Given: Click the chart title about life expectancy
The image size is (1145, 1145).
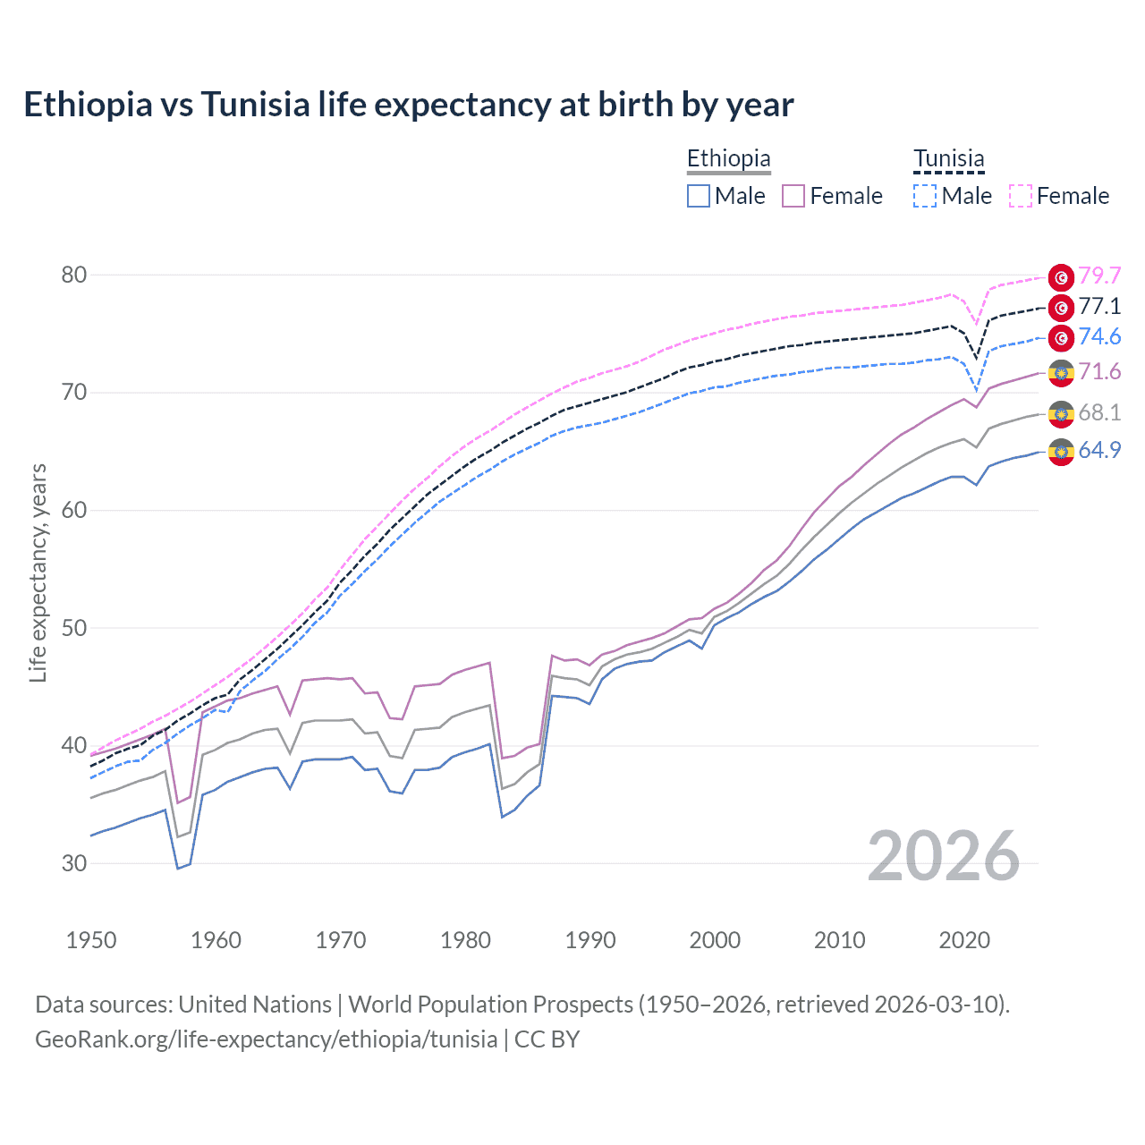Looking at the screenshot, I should [x=408, y=105].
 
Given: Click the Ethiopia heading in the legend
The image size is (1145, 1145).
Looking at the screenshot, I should [x=728, y=158].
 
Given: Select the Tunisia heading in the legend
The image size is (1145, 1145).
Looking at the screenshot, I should [x=948, y=158].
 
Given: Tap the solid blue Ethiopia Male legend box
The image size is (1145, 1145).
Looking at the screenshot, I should [x=699, y=196].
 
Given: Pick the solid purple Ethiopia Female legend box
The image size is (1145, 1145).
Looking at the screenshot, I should [x=793, y=196].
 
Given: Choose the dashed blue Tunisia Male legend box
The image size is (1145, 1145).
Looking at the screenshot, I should [x=925, y=196].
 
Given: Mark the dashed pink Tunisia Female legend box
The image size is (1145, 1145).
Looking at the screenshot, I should [x=1021, y=196].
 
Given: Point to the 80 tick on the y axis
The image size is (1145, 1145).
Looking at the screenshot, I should [x=74, y=275].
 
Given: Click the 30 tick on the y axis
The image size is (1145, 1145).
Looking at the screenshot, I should [x=74, y=863].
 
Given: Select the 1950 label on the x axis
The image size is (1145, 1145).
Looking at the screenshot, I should [x=91, y=940].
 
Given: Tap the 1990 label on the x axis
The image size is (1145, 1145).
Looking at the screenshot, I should [x=590, y=940].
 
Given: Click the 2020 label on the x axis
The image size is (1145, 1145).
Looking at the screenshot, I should [x=964, y=940].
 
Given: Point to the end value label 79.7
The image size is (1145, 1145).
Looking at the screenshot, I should [x=1099, y=276].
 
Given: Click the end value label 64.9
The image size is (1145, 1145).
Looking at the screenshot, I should [x=1099, y=450].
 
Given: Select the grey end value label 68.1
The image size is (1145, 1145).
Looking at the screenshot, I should [x=1099, y=412].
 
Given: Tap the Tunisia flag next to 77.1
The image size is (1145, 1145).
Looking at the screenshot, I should [x=1061, y=308].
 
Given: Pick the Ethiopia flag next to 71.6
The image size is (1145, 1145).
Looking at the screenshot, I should [x=1061, y=373].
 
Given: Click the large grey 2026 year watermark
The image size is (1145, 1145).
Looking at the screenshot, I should [x=944, y=856].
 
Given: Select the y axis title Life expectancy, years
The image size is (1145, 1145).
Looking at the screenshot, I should [x=38, y=572].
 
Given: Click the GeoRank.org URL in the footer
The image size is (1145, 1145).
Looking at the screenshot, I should [x=266, y=1039].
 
